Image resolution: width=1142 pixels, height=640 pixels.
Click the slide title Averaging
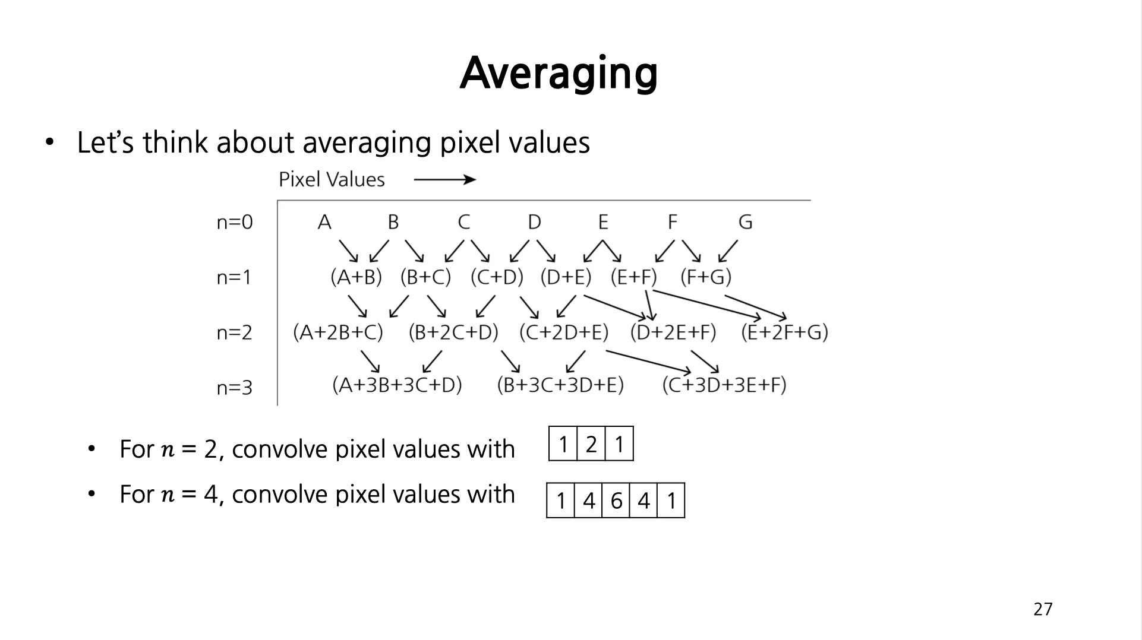coord(559,74)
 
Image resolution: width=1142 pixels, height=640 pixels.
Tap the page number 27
coord(1043,609)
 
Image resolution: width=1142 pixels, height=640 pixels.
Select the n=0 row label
coord(235,222)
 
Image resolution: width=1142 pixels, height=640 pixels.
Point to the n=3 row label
coord(235,388)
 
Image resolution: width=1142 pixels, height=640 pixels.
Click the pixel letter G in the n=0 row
coord(745,222)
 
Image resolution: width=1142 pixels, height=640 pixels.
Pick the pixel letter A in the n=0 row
coord(324,222)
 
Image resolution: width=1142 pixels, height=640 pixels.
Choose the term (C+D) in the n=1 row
coord(497,277)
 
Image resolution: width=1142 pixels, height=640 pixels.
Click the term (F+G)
coord(706,277)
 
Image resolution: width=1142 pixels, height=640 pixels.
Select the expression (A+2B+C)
coord(338,332)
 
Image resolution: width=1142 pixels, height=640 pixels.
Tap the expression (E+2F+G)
coord(784,332)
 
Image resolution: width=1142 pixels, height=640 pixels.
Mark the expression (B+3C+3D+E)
coord(560,385)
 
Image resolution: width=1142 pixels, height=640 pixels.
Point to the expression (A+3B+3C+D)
coord(397,385)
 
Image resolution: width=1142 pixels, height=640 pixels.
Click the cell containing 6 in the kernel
coord(616,500)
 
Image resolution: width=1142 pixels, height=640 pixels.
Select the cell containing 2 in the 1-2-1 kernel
coord(591,443)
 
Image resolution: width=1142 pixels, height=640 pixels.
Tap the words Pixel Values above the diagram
coord(332,179)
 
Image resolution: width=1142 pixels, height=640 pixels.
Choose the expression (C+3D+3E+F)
coord(724,385)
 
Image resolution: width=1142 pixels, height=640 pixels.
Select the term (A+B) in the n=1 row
coord(356,277)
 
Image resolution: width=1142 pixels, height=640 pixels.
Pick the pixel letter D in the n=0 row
coord(534,222)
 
